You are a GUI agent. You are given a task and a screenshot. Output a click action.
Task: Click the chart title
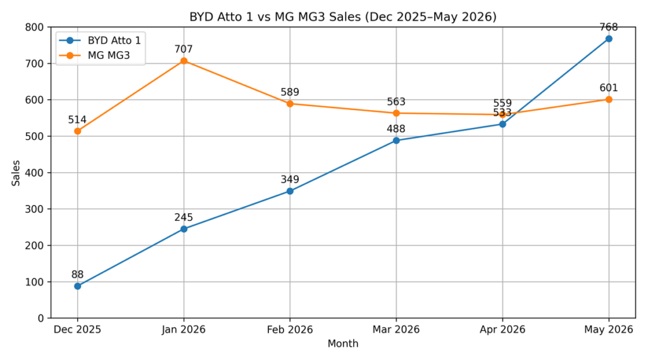(x=342, y=16)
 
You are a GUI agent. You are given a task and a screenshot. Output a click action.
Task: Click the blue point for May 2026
(x=608, y=39)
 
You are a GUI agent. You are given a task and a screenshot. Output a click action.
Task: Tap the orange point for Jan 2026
(x=184, y=61)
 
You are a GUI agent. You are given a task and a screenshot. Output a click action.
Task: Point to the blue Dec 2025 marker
(x=77, y=286)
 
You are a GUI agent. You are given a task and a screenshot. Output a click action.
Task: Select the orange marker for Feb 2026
(x=290, y=104)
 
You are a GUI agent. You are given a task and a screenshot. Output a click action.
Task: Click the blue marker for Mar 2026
(x=396, y=140)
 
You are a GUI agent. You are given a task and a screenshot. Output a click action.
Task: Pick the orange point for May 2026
(x=608, y=99)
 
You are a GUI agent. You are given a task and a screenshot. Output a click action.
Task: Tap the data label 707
(x=184, y=49)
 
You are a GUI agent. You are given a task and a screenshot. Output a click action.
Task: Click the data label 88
(x=77, y=275)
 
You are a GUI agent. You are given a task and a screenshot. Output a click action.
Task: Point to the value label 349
(x=290, y=180)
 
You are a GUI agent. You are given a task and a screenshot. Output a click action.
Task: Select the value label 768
(x=608, y=27)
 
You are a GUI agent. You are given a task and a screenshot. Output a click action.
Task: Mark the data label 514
(x=77, y=120)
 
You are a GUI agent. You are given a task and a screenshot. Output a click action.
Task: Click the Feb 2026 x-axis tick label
(x=290, y=330)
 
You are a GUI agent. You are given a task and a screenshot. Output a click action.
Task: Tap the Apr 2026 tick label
(x=502, y=330)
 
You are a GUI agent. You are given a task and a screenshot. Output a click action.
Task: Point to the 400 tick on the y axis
(x=35, y=173)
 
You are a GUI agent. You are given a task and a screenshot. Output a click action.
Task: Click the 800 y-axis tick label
(x=35, y=27)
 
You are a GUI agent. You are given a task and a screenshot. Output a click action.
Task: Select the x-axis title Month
(x=342, y=344)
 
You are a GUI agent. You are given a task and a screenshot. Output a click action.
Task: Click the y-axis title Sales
(x=16, y=173)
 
